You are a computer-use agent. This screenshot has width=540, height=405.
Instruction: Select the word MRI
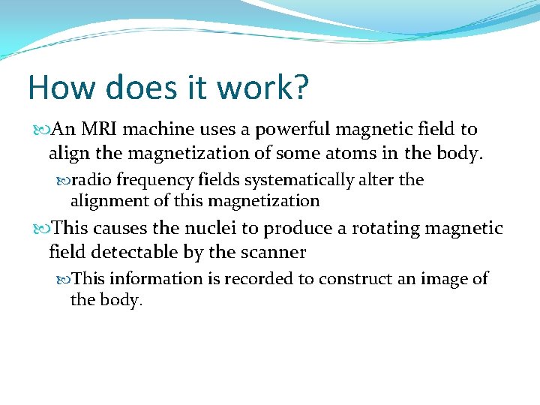coord(98,130)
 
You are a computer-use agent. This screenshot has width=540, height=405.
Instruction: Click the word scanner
coord(273,253)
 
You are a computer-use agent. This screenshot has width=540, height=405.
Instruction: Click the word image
coord(442,279)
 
